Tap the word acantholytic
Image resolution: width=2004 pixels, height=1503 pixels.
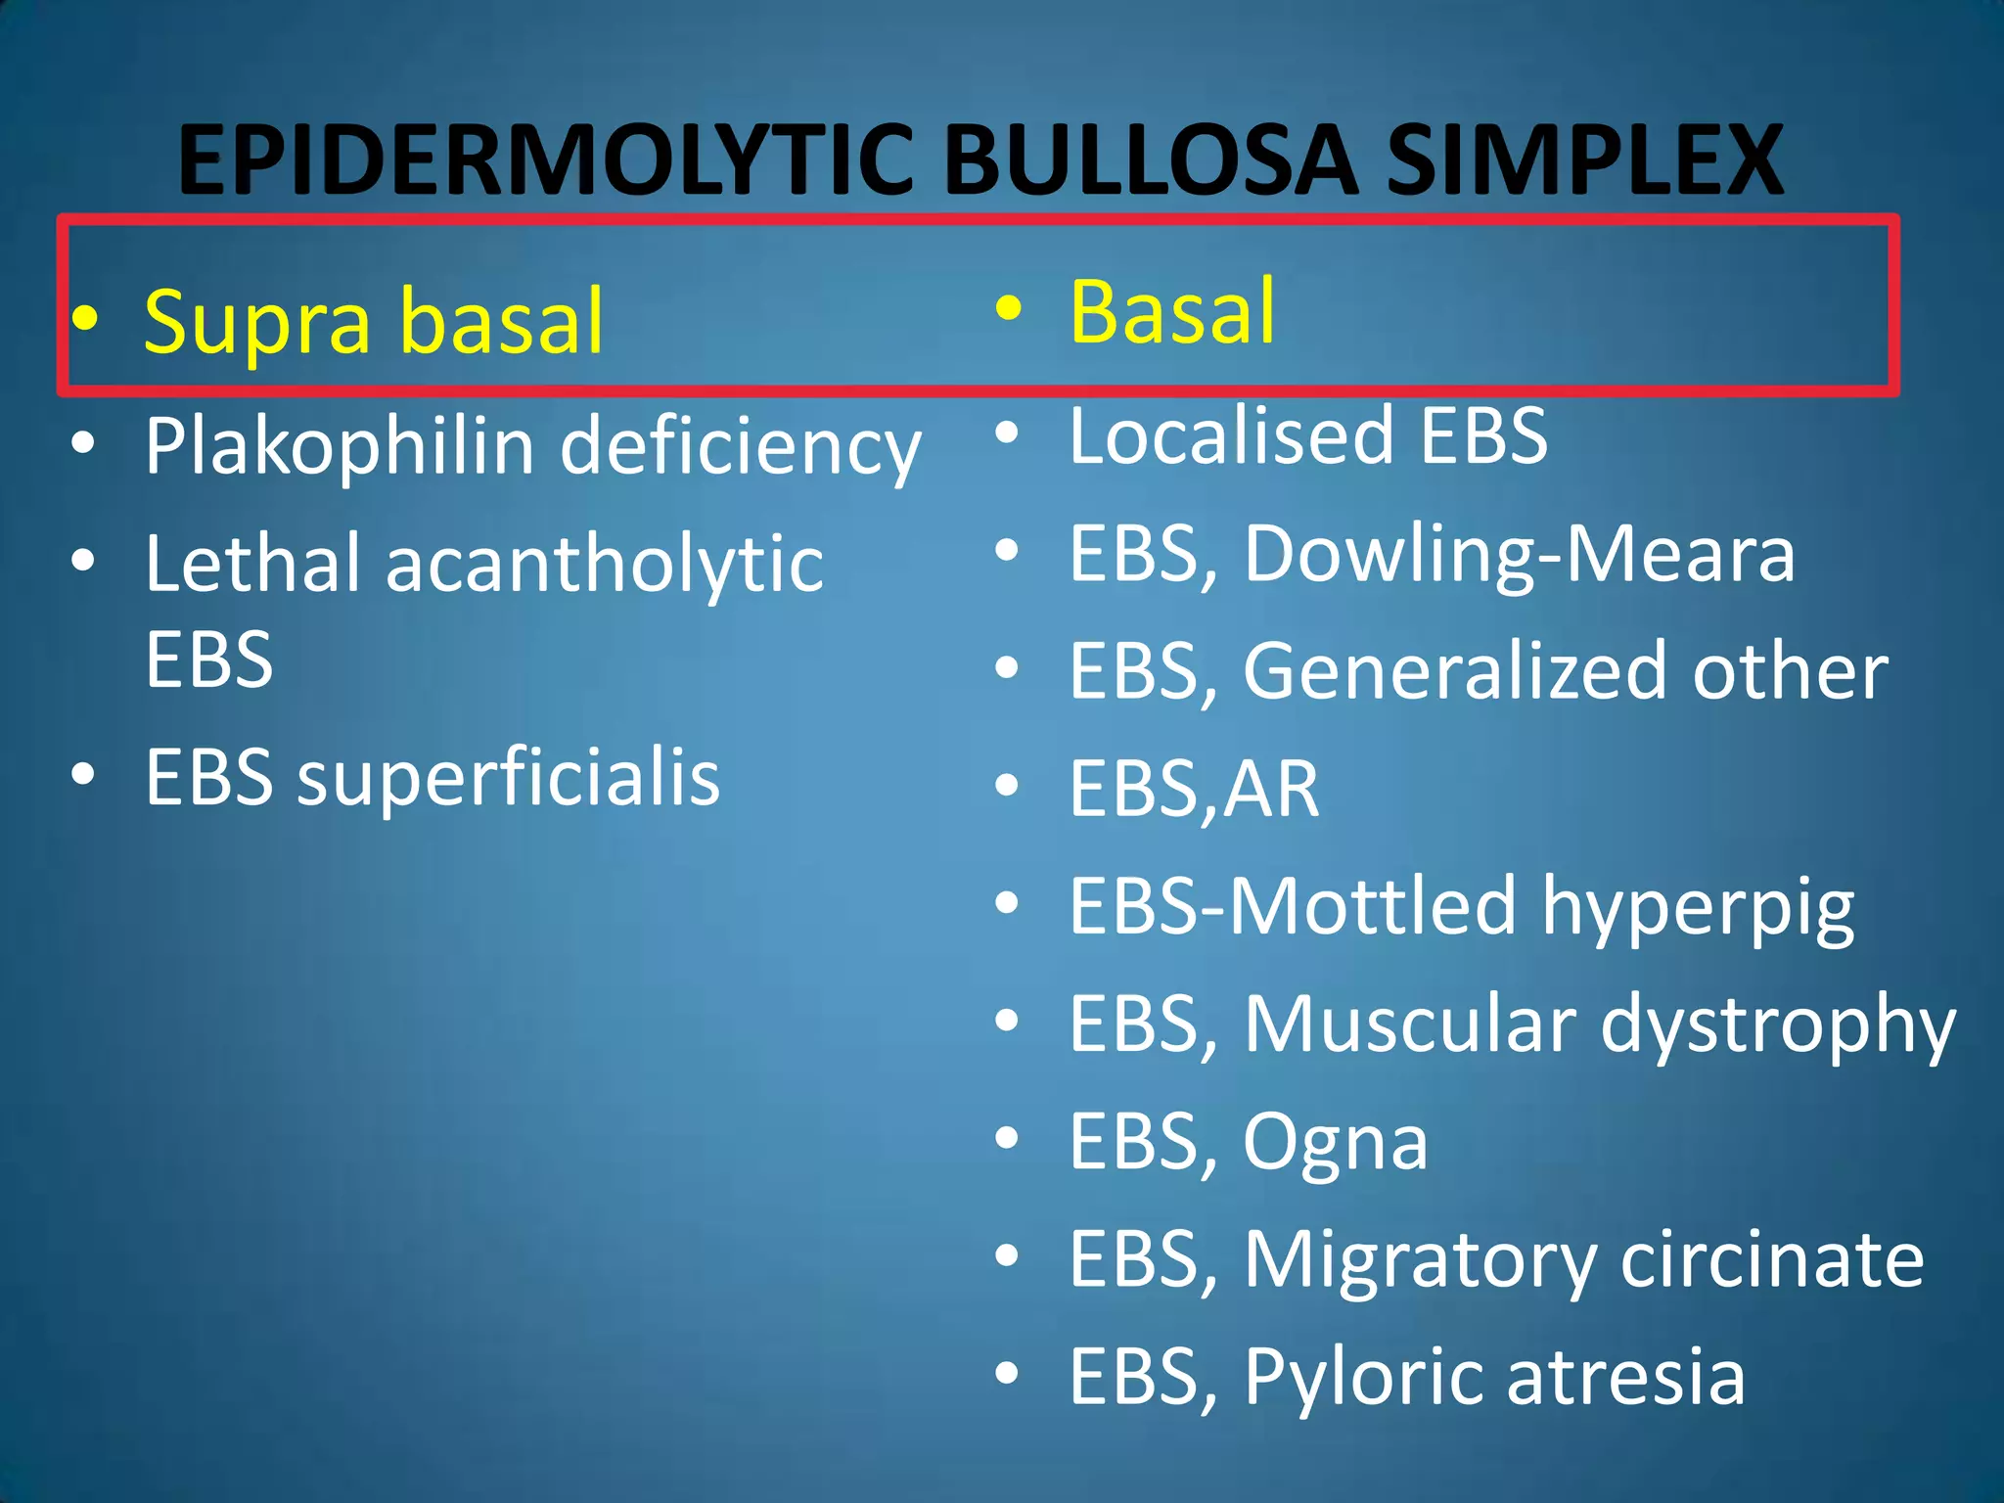[604, 565]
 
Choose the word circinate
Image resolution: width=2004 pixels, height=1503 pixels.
[1771, 1260]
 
